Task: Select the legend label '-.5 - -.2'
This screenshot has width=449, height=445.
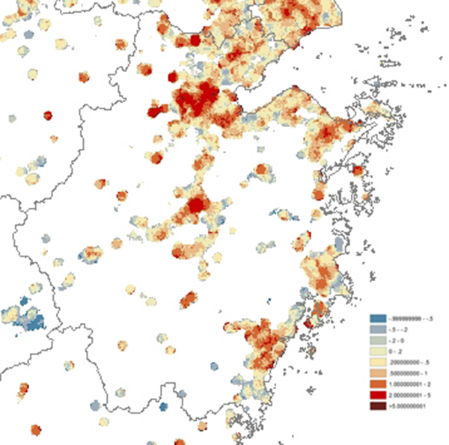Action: [x=403, y=330]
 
